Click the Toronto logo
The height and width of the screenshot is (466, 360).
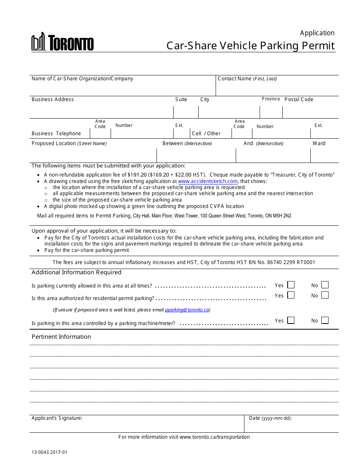[x=63, y=42]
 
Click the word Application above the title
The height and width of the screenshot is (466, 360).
[x=317, y=33]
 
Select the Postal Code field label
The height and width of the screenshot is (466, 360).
[x=299, y=100]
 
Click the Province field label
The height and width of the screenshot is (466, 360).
[x=271, y=99]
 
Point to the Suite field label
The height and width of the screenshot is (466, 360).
[x=181, y=100]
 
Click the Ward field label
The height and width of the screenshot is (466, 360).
[x=319, y=143]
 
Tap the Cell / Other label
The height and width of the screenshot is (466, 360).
[x=206, y=133]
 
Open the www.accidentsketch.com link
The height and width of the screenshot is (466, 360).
[x=208, y=181]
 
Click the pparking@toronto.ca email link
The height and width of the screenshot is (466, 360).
[x=187, y=310]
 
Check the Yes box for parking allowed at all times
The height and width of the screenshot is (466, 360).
[x=291, y=285]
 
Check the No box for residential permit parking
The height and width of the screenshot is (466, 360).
[x=325, y=295]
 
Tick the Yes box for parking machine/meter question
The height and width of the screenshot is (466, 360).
[x=291, y=320]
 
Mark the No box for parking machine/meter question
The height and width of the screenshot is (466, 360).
[x=325, y=320]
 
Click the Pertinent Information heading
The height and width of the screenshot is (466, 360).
[x=61, y=337]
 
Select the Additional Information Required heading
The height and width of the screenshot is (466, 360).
[x=76, y=272]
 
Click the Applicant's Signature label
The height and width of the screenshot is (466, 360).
[x=57, y=418]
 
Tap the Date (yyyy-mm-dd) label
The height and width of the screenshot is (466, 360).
[x=270, y=418]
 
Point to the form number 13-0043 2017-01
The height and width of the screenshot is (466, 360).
[x=49, y=452]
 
